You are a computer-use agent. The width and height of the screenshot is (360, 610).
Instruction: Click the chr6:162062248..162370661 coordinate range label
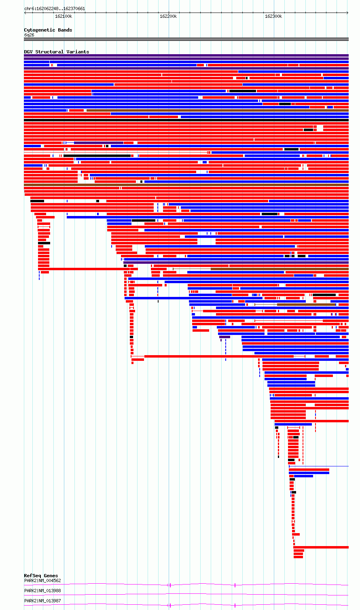pyautogui.click(x=55, y=9)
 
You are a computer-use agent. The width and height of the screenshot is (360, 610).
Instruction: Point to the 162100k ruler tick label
pyautogui.click(x=64, y=16)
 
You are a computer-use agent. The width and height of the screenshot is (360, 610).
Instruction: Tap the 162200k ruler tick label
pyautogui.click(x=168, y=16)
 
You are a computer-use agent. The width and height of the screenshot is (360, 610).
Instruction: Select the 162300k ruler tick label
pyautogui.click(x=273, y=16)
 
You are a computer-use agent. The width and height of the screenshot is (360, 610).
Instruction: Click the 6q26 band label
pyautogui.click(x=29, y=35)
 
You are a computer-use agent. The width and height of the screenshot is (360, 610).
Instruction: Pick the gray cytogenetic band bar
pyautogui.click(x=186, y=40)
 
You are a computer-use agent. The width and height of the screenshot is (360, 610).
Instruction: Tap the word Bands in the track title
pyautogui.click(x=65, y=30)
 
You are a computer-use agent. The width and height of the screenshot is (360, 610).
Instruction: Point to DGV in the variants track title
pyautogui.click(x=28, y=52)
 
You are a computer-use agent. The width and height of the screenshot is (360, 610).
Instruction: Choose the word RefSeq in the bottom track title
pyautogui.click(x=32, y=576)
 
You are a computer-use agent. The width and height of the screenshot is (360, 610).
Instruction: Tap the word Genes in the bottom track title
pyautogui.click(x=51, y=576)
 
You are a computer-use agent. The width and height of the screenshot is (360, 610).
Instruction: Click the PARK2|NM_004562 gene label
pyautogui.click(x=42, y=580)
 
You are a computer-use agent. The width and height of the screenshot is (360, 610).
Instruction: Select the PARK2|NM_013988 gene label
pyautogui.click(x=42, y=591)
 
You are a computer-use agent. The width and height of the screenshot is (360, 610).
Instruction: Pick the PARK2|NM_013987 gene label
pyautogui.click(x=42, y=601)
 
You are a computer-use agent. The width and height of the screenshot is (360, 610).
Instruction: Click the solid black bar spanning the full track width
pyautogui.click(x=186, y=120)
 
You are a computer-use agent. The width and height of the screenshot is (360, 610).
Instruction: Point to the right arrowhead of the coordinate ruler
pyautogui.click(x=347, y=13)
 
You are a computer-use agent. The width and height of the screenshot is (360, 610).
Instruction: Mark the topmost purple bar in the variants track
pyautogui.click(x=186, y=55)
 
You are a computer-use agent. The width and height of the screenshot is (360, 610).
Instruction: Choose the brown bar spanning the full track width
pyautogui.click(x=186, y=185)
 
